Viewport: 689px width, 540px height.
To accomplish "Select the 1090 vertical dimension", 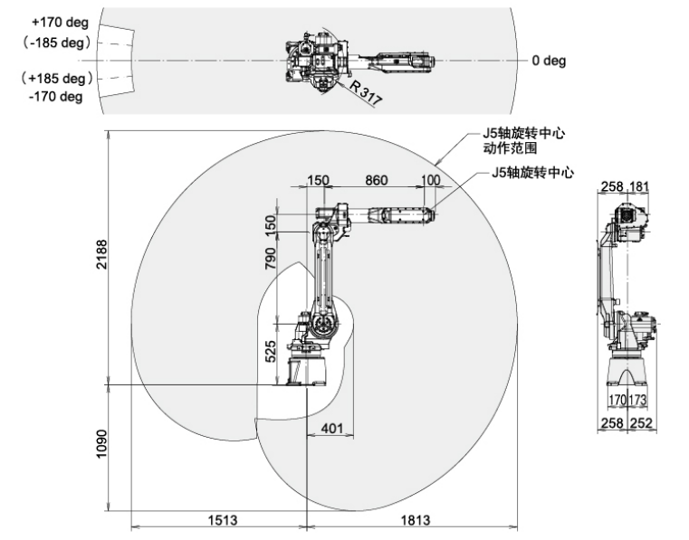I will pos(101,443).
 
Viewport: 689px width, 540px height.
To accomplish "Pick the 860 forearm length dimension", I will pos(376,180).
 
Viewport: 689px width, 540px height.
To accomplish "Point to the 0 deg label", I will pos(548,61).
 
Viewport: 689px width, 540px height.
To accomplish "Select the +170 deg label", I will pos(59,23).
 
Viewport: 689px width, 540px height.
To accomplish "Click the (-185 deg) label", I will pos(58,42).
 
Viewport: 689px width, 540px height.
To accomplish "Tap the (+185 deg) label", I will pos(58,79).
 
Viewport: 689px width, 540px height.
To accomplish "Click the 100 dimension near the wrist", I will pos(431,180).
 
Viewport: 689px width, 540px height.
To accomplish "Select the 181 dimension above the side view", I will pos(638,186).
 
